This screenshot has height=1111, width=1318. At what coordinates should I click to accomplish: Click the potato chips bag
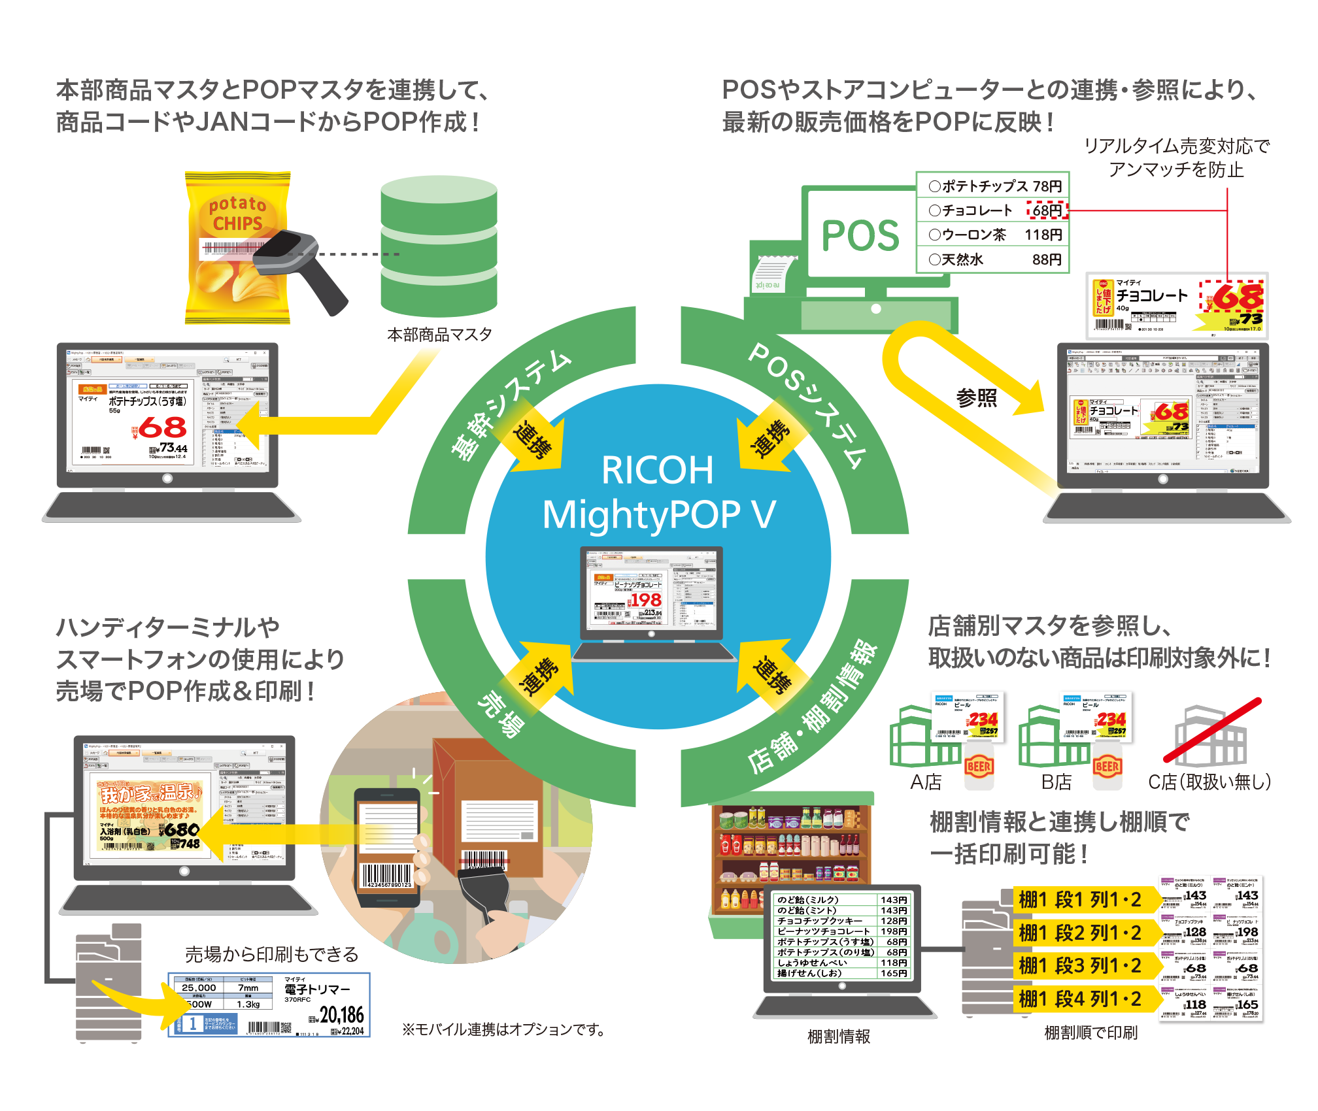237,248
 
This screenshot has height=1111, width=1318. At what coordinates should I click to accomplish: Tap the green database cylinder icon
439,248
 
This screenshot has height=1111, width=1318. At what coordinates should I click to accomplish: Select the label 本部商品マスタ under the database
439,335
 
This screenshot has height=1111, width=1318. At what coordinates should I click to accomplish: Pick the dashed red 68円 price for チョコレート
1047,210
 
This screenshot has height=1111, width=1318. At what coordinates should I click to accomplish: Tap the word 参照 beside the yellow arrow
977,397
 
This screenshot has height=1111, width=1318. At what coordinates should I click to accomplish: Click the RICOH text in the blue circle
657,470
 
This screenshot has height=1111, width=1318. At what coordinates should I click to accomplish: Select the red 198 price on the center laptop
646,599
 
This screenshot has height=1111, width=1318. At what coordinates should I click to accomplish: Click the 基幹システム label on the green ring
510,405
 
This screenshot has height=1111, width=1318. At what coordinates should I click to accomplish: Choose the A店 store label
926,782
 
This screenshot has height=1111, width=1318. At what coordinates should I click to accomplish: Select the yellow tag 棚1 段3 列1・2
1080,966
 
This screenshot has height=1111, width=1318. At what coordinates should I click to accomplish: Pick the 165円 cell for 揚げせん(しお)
894,973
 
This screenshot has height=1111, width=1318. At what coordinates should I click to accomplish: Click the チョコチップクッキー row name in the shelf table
820,921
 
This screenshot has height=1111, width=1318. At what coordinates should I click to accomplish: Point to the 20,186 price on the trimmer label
342,1014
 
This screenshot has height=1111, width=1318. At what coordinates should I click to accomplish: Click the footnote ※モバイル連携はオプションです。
503,1030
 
